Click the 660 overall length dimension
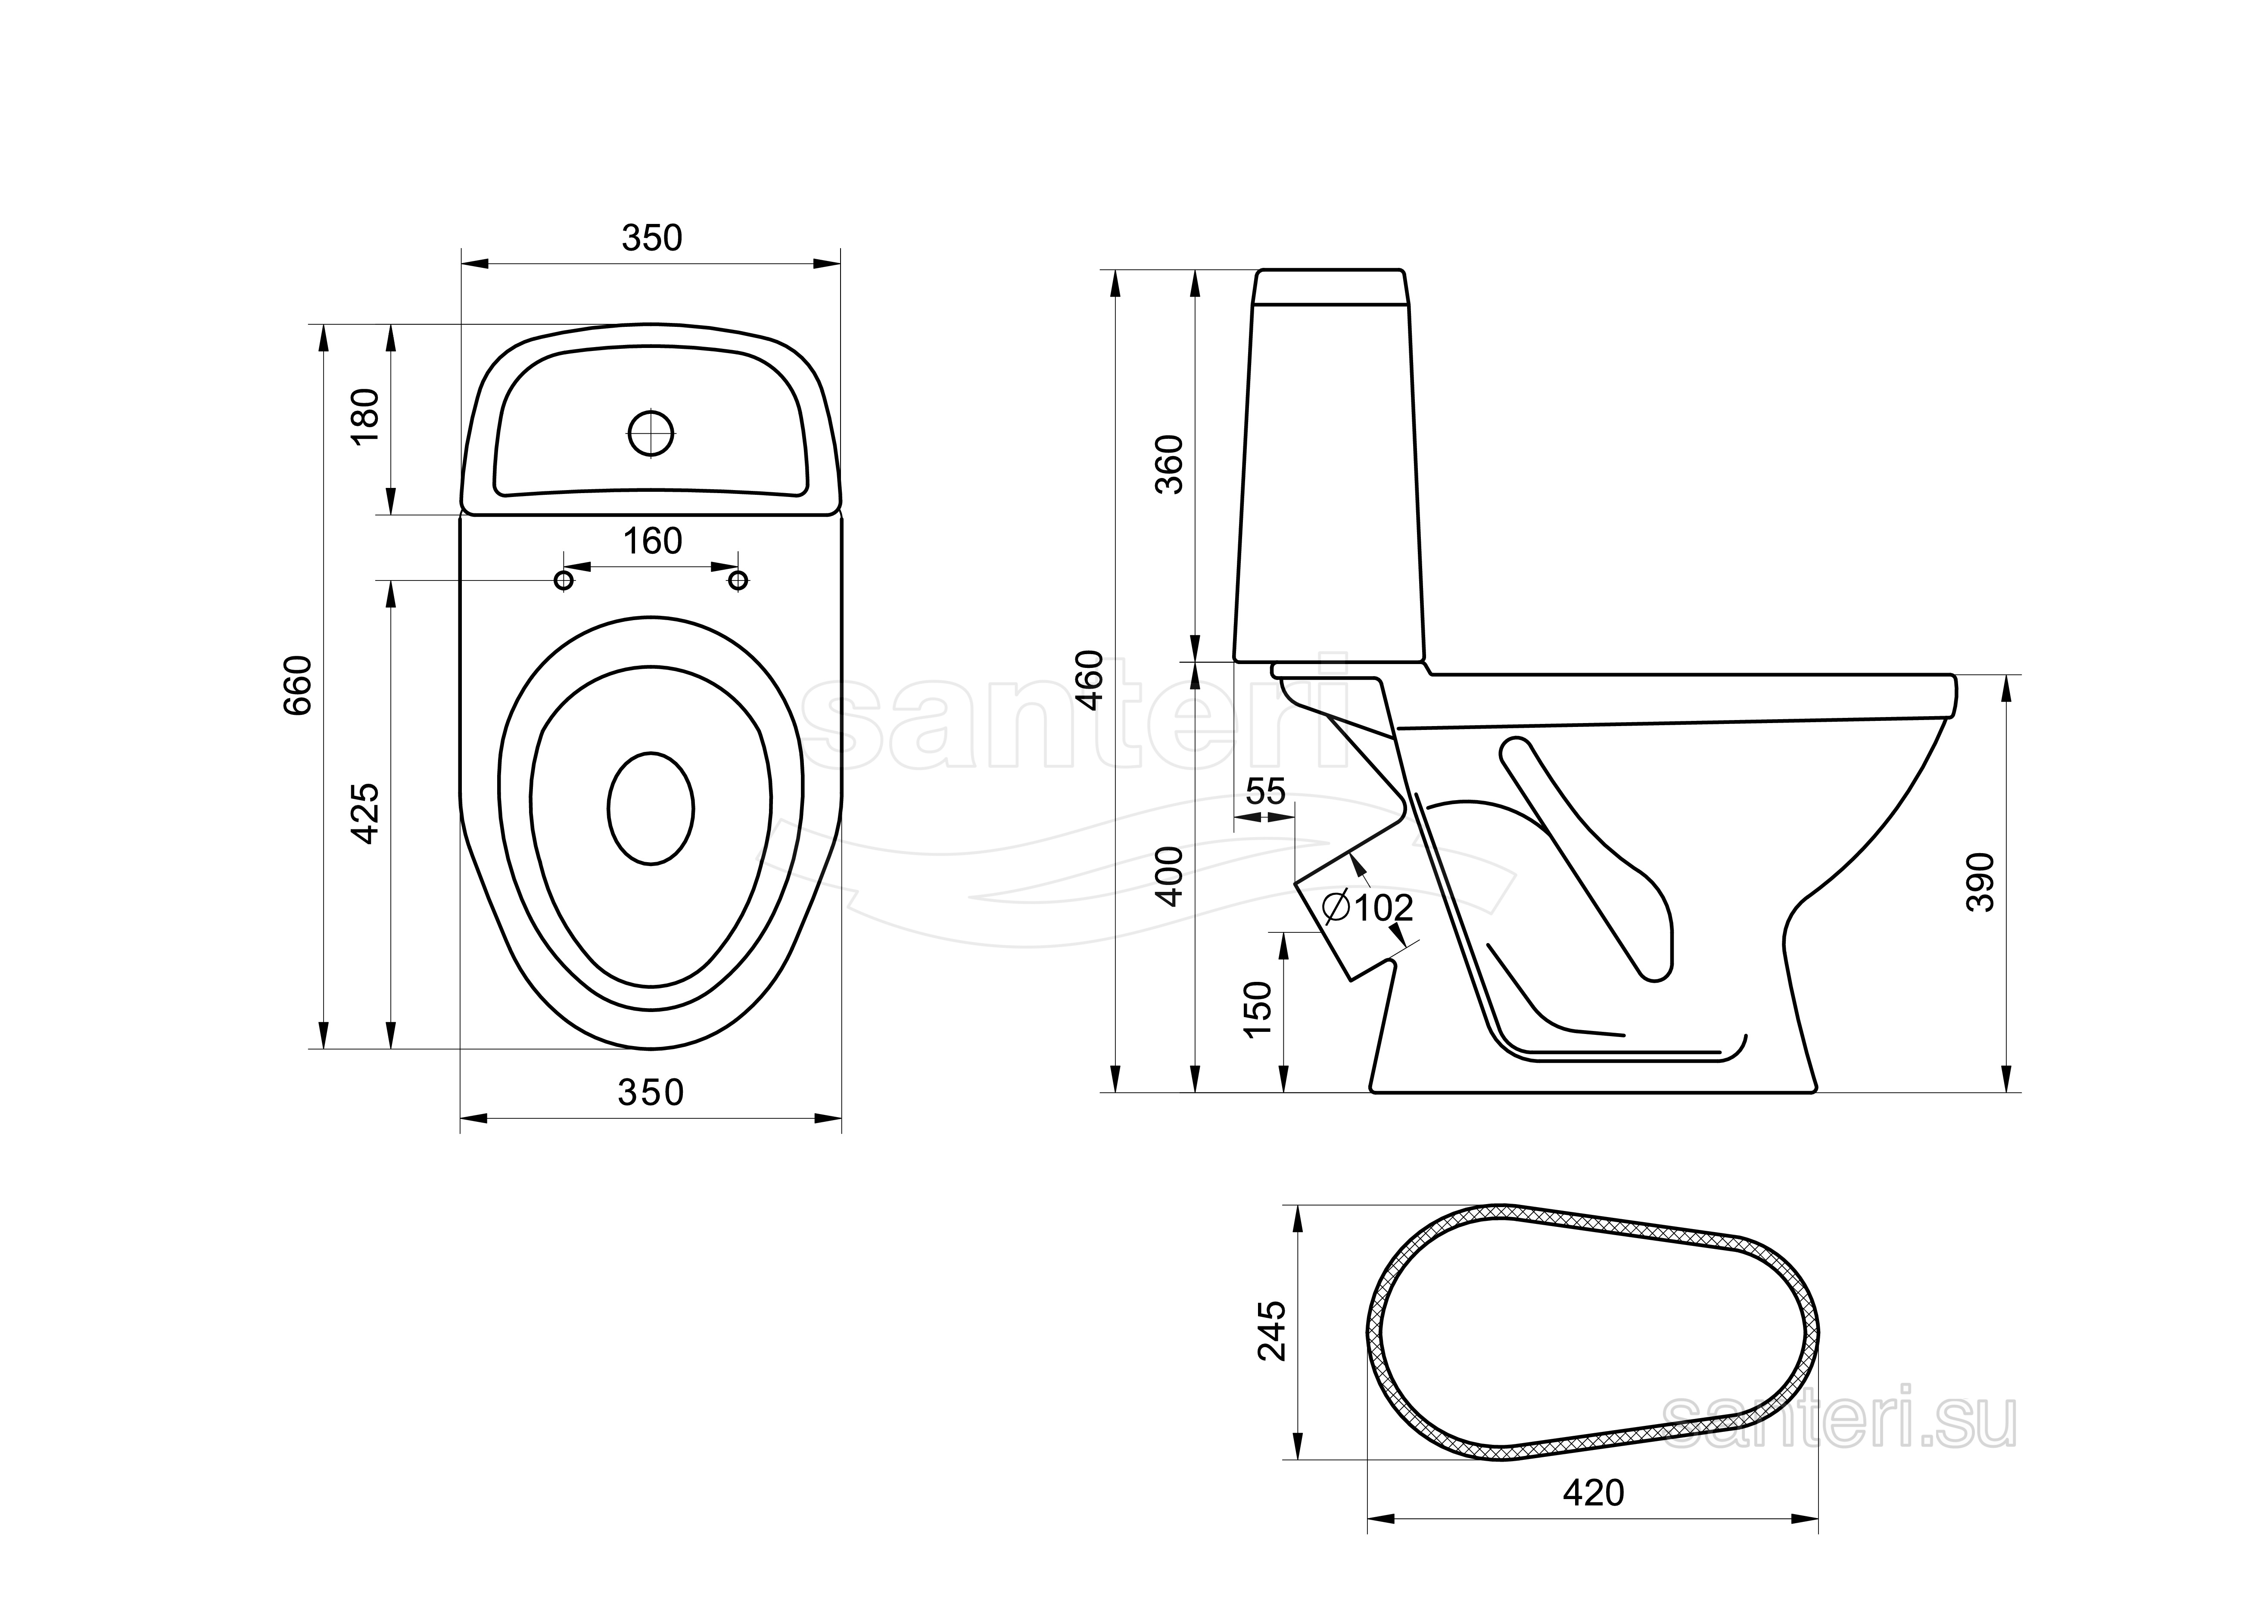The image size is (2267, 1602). [x=297, y=685]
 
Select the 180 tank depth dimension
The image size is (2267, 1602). [x=365, y=416]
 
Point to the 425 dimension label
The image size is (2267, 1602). [x=365, y=813]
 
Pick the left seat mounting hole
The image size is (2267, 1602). [x=564, y=579]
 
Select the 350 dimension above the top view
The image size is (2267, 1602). [x=652, y=238]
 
